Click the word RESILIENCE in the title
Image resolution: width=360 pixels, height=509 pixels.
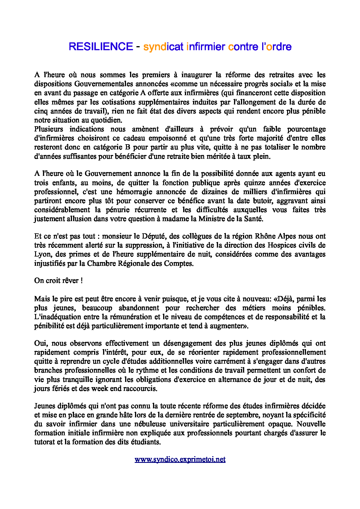click(101, 47)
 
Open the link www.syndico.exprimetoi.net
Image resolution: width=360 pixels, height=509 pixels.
click(180, 459)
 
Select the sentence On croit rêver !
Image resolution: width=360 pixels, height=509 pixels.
click(58, 281)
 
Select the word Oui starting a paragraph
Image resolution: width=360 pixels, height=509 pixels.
click(41, 343)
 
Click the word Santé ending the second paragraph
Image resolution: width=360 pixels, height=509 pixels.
click(253, 219)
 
